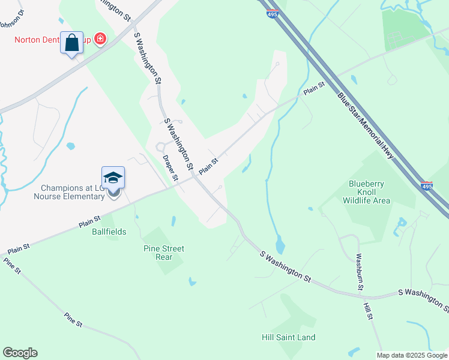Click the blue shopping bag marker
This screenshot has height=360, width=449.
[71, 43]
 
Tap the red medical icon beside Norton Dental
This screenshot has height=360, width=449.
[100, 40]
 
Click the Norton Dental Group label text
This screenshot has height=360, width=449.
[53, 40]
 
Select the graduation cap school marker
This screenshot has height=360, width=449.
[113, 178]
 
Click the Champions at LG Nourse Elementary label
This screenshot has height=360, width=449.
[69, 192]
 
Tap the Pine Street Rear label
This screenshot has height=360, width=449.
[164, 253]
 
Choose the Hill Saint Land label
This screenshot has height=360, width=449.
[289, 337]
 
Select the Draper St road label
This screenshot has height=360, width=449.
[171, 168]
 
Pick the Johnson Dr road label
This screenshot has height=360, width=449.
[10, 20]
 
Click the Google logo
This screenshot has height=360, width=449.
[20, 353]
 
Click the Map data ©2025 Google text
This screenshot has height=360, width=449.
[411, 355]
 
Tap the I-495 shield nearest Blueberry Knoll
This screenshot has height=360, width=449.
[427, 187]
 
